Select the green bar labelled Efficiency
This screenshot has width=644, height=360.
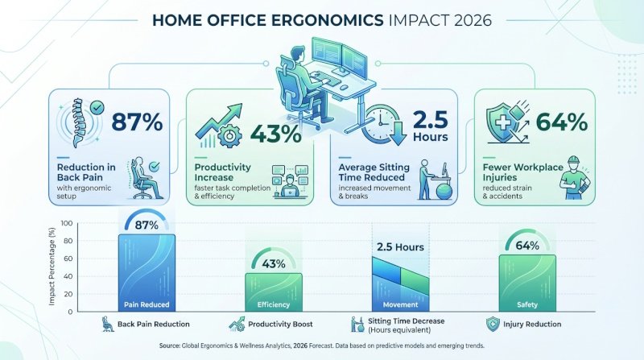coord(274,292)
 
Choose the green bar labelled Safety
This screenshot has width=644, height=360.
coord(527,282)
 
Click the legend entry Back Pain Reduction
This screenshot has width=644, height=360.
coord(147,325)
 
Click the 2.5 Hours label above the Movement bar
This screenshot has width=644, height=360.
coord(400,247)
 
